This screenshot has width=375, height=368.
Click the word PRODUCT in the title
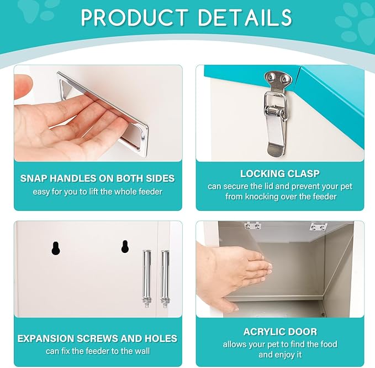134,18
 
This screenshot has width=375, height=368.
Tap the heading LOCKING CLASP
280,174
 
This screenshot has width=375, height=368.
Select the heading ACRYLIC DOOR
280,332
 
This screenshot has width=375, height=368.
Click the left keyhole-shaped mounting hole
55,248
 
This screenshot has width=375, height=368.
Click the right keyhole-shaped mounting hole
125,246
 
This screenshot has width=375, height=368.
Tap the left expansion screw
146,279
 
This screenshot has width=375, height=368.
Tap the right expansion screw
165,279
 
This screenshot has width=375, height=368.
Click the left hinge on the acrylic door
252,225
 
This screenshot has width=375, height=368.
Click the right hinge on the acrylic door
318,226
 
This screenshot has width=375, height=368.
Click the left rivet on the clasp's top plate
271,77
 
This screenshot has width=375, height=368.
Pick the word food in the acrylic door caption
328,344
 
